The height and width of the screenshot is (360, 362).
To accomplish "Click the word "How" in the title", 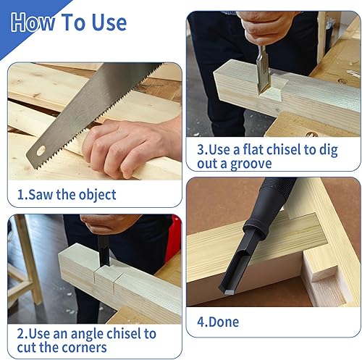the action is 33,22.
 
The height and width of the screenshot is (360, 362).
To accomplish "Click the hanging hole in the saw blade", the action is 41,151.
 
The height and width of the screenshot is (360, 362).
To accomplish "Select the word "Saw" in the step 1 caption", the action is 41,195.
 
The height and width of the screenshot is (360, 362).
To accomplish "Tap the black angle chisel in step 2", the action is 104,251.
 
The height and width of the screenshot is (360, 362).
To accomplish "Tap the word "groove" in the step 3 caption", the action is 251,164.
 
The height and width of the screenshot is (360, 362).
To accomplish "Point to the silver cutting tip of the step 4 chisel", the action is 229,291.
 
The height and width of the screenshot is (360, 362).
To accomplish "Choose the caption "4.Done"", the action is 218,322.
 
